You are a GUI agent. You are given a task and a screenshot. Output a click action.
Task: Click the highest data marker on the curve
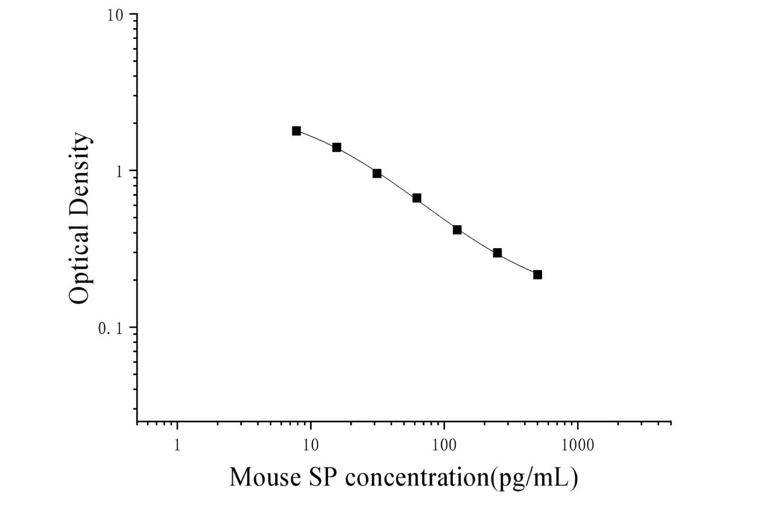click(297, 131)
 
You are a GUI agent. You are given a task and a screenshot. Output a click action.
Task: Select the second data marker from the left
click(336, 148)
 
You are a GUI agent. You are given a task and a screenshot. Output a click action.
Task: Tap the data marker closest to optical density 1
click(377, 173)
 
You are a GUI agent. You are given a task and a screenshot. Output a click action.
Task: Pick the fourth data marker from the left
click(417, 198)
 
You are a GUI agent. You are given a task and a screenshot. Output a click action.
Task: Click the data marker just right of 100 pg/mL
click(457, 230)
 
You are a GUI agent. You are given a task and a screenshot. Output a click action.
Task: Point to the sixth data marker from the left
click(497, 253)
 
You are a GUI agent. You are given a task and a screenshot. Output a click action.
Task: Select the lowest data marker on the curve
click(537, 275)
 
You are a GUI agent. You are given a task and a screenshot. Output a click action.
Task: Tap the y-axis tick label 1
click(120, 172)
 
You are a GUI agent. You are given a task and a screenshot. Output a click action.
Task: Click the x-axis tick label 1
click(177, 445)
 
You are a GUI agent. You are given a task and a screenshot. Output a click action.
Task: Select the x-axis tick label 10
click(311, 445)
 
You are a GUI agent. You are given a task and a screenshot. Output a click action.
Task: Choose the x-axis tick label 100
click(444, 445)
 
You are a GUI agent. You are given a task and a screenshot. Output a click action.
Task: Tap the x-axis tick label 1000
click(578, 445)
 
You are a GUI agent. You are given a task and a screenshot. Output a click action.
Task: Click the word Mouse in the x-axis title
click(265, 477)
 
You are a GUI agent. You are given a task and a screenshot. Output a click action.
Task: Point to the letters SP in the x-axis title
click(324, 477)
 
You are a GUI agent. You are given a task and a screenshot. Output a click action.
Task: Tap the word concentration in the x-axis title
click(417, 477)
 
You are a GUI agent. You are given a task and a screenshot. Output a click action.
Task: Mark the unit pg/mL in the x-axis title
click(534, 478)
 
